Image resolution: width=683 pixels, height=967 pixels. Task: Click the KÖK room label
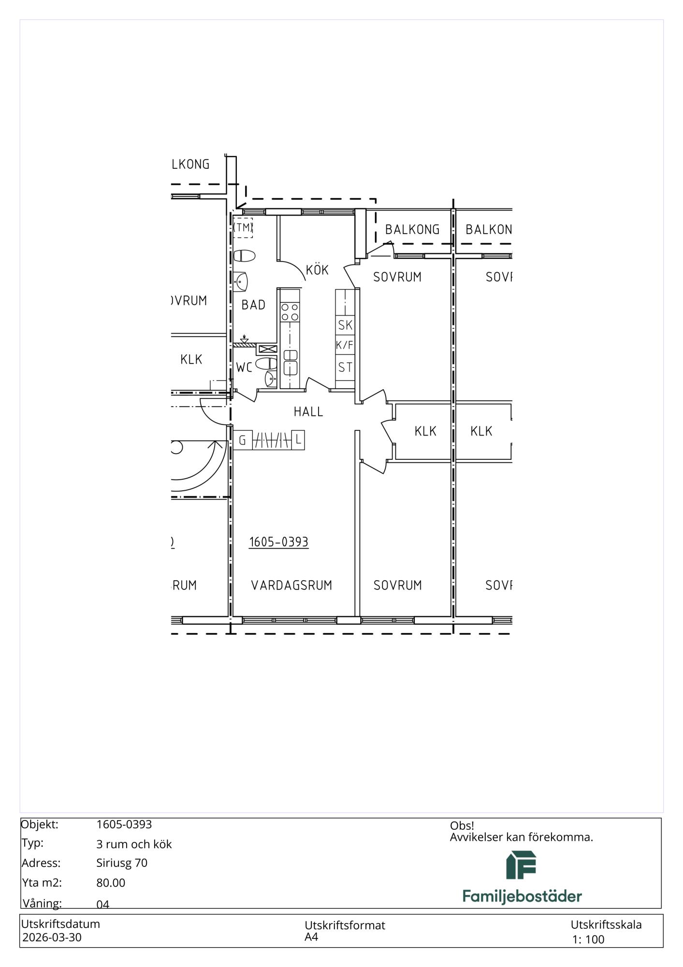pyautogui.click(x=317, y=269)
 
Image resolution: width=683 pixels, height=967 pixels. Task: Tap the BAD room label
pyautogui.click(x=253, y=305)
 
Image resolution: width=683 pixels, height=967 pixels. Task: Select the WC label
pyautogui.click(x=244, y=367)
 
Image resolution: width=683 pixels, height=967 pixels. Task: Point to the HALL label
pyautogui.click(x=308, y=411)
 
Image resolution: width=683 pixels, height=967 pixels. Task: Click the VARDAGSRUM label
pyautogui.click(x=291, y=585)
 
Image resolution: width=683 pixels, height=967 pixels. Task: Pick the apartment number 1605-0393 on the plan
pyautogui.click(x=279, y=542)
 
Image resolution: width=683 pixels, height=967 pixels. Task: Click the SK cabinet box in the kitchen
pyautogui.click(x=345, y=325)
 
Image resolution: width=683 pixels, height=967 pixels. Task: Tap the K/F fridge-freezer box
pyautogui.click(x=345, y=345)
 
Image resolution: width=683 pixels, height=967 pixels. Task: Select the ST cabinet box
pyautogui.click(x=345, y=367)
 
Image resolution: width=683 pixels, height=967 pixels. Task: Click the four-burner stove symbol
pyautogui.click(x=290, y=311)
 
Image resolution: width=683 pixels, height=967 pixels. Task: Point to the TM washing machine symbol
pyautogui.click(x=243, y=227)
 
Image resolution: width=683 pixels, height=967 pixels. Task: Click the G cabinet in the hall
pyautogui.click(x=243, y=440)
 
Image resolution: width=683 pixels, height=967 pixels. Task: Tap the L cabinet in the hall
pyautogui.click(x=298, y=440)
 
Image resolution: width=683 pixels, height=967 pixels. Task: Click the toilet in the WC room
pyautogui.click(x=266, y=364)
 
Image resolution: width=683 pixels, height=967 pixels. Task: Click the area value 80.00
pyautogui.click(x=111, y=883)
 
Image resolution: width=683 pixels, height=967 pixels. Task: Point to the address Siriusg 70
pyautogui.click(x=122, y=863)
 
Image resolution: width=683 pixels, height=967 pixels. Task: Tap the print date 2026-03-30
pyautogui.click(x=52, y=938)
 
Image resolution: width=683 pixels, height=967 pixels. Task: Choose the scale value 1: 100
pyautogui.click(x=588, y=939)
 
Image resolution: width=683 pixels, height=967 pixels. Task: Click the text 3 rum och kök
pyautogui.click(x=134, y=844)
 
